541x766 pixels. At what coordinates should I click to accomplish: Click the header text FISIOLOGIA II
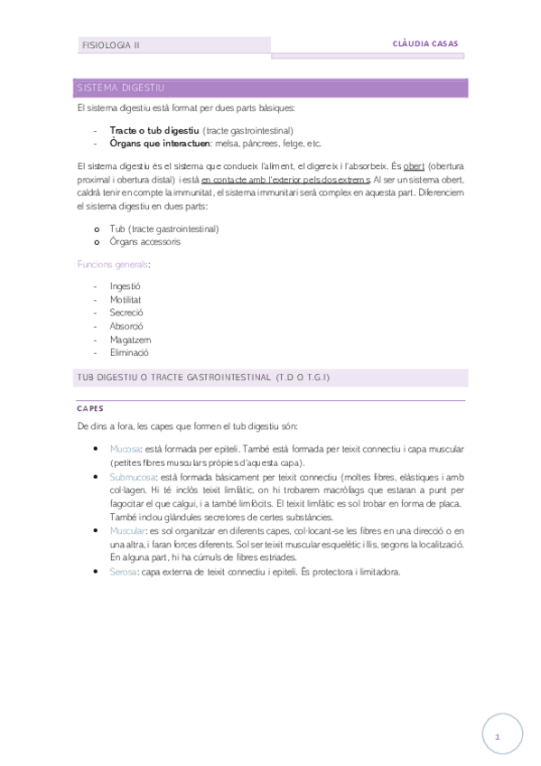click(111, 44)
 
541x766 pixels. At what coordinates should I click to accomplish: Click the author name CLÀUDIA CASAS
click(426, 42)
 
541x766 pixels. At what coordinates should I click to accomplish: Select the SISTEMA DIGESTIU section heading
click(120, 88)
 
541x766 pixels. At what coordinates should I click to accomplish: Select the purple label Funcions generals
click(112, 264)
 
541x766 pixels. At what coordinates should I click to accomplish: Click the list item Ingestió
click(126, 285)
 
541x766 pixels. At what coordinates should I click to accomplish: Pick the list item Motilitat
click(126, 299)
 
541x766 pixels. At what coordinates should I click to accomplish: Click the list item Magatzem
click(130, 340)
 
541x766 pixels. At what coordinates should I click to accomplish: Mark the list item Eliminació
click(129, 353)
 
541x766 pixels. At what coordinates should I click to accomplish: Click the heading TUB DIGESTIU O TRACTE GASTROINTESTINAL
click(203, 377)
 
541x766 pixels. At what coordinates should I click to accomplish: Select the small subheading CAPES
click(90, 408)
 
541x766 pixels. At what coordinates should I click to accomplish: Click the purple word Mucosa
click(125, 449)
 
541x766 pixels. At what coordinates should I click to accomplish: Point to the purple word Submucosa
click(132, 476)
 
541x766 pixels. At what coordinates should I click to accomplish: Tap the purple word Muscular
click(127, 530)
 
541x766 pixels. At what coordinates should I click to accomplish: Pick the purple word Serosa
click(124, 572)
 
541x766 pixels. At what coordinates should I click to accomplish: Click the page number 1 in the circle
click(497, 737)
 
